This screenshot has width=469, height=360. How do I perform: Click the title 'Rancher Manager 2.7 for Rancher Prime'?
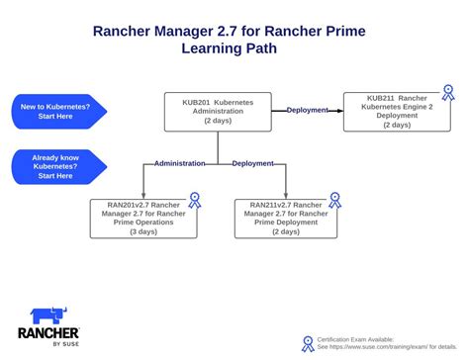229,32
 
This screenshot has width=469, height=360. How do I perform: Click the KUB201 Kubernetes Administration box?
219,111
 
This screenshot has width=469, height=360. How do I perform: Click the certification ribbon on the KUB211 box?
448,93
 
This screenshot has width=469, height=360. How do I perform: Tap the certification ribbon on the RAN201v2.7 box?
195,200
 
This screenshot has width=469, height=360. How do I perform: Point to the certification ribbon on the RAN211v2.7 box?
338,200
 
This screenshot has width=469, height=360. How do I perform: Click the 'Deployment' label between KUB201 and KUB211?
307,110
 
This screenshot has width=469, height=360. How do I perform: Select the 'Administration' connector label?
179,163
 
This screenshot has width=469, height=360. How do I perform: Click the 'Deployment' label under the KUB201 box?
252,163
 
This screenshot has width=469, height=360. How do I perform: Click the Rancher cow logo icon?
48,316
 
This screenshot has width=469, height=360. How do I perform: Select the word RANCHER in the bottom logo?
48,335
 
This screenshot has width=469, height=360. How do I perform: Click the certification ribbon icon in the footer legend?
308,344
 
